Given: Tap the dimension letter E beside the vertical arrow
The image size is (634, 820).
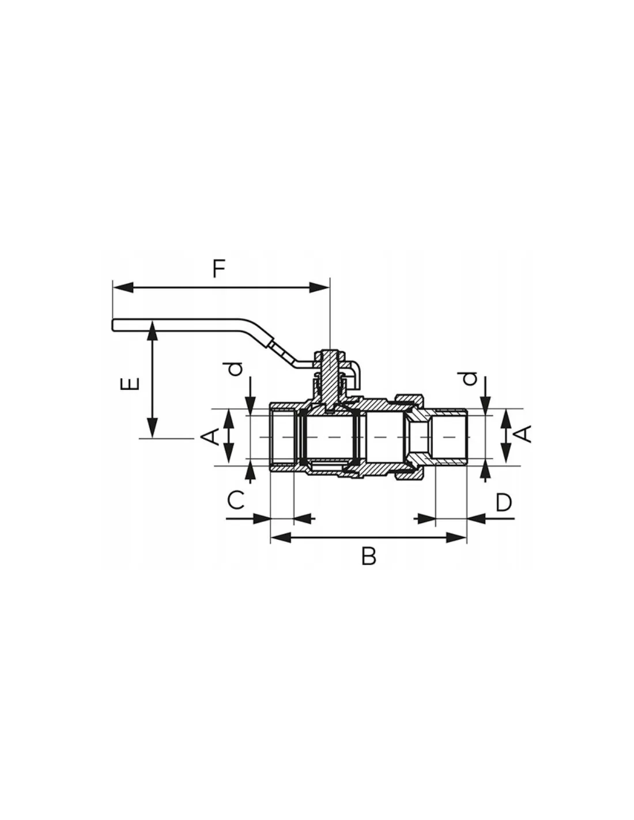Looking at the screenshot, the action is click(130, 384).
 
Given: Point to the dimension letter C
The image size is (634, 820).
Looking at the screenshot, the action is click(236, 501).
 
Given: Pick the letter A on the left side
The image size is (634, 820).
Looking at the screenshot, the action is click(211, 437).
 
